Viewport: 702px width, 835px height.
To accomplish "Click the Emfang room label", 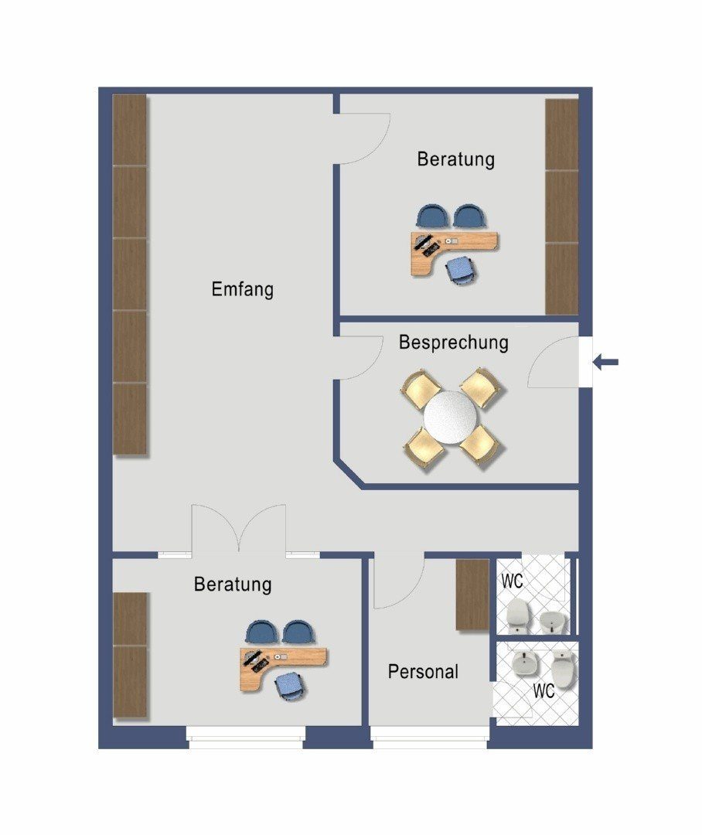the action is click(x=242, y=289).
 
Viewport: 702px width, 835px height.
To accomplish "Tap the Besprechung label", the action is click(x=453, y=342).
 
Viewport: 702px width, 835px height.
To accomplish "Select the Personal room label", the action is click(x=423, y=672).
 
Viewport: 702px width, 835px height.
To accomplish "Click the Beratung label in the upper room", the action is click(x=456, y=158).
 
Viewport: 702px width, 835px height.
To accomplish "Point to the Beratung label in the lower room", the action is click(x=233, y=584).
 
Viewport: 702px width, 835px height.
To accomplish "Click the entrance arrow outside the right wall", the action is click(x=605, y=362).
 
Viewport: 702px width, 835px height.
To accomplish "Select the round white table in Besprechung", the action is click(x=451, y=417).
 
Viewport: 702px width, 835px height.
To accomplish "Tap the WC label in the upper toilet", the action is click(x=512, y=581).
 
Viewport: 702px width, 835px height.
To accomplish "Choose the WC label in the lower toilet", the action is click(x=544, y=690).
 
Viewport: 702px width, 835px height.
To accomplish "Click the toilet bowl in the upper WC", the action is click(x=517, y=615).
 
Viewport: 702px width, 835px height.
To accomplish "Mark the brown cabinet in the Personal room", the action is click(x=472, y=595).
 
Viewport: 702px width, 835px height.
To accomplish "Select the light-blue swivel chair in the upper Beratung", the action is click(x=460, y=270).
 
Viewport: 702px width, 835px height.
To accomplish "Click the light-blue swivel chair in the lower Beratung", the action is click(x=289, y=686).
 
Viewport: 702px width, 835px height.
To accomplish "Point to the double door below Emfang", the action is click(x=239, y=528).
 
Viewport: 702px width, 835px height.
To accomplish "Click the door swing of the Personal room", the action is click(x=399, y=581).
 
